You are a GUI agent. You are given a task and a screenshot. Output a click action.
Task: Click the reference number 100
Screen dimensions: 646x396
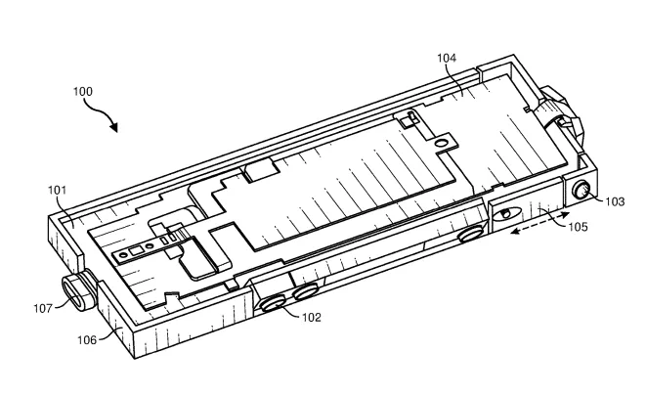83,91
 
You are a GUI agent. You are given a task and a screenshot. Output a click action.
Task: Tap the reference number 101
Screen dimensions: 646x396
57,190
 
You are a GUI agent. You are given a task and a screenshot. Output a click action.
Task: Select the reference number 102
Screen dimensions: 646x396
312,318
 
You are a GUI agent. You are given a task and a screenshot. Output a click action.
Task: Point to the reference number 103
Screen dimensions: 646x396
615,202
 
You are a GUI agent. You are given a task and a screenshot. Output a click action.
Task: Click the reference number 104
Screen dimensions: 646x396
447,58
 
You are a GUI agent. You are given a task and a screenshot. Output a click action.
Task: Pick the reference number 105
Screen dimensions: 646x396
578,227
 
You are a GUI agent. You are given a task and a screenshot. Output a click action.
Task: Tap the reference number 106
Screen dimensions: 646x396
87,340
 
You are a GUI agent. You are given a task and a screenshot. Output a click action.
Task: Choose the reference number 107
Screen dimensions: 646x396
43,308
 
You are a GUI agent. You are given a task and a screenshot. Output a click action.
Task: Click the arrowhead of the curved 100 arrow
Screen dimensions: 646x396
113,127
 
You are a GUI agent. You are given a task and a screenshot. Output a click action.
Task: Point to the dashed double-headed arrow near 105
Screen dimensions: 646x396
540,223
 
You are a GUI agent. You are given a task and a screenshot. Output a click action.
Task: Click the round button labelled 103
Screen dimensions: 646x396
581,191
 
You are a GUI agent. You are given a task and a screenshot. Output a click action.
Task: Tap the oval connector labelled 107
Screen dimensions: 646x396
75,292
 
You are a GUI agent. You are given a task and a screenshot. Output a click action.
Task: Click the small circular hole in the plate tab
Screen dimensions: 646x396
441,144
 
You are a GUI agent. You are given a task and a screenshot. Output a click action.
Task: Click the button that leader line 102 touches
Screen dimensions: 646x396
273,304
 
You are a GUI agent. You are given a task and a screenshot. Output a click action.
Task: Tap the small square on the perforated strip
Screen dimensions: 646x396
135,251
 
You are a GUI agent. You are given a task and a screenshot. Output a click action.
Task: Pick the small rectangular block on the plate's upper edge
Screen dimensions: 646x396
261,170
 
